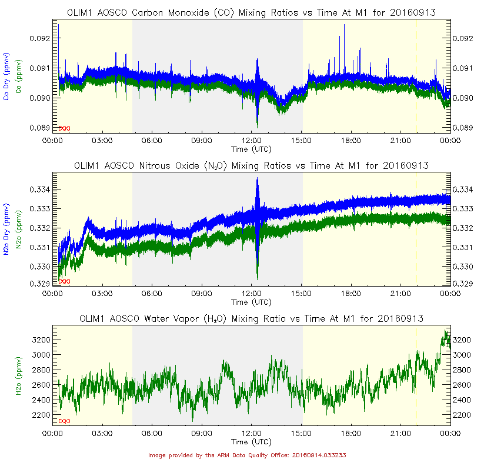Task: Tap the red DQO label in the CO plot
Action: [x=64, y=128]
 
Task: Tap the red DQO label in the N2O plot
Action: [x=64, y=281]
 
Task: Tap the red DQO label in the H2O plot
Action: [x=64, y=421]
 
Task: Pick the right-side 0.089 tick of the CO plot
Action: [x=462, y=128]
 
